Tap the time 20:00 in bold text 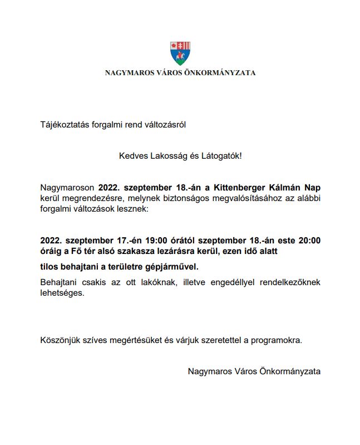pos(309,241)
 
